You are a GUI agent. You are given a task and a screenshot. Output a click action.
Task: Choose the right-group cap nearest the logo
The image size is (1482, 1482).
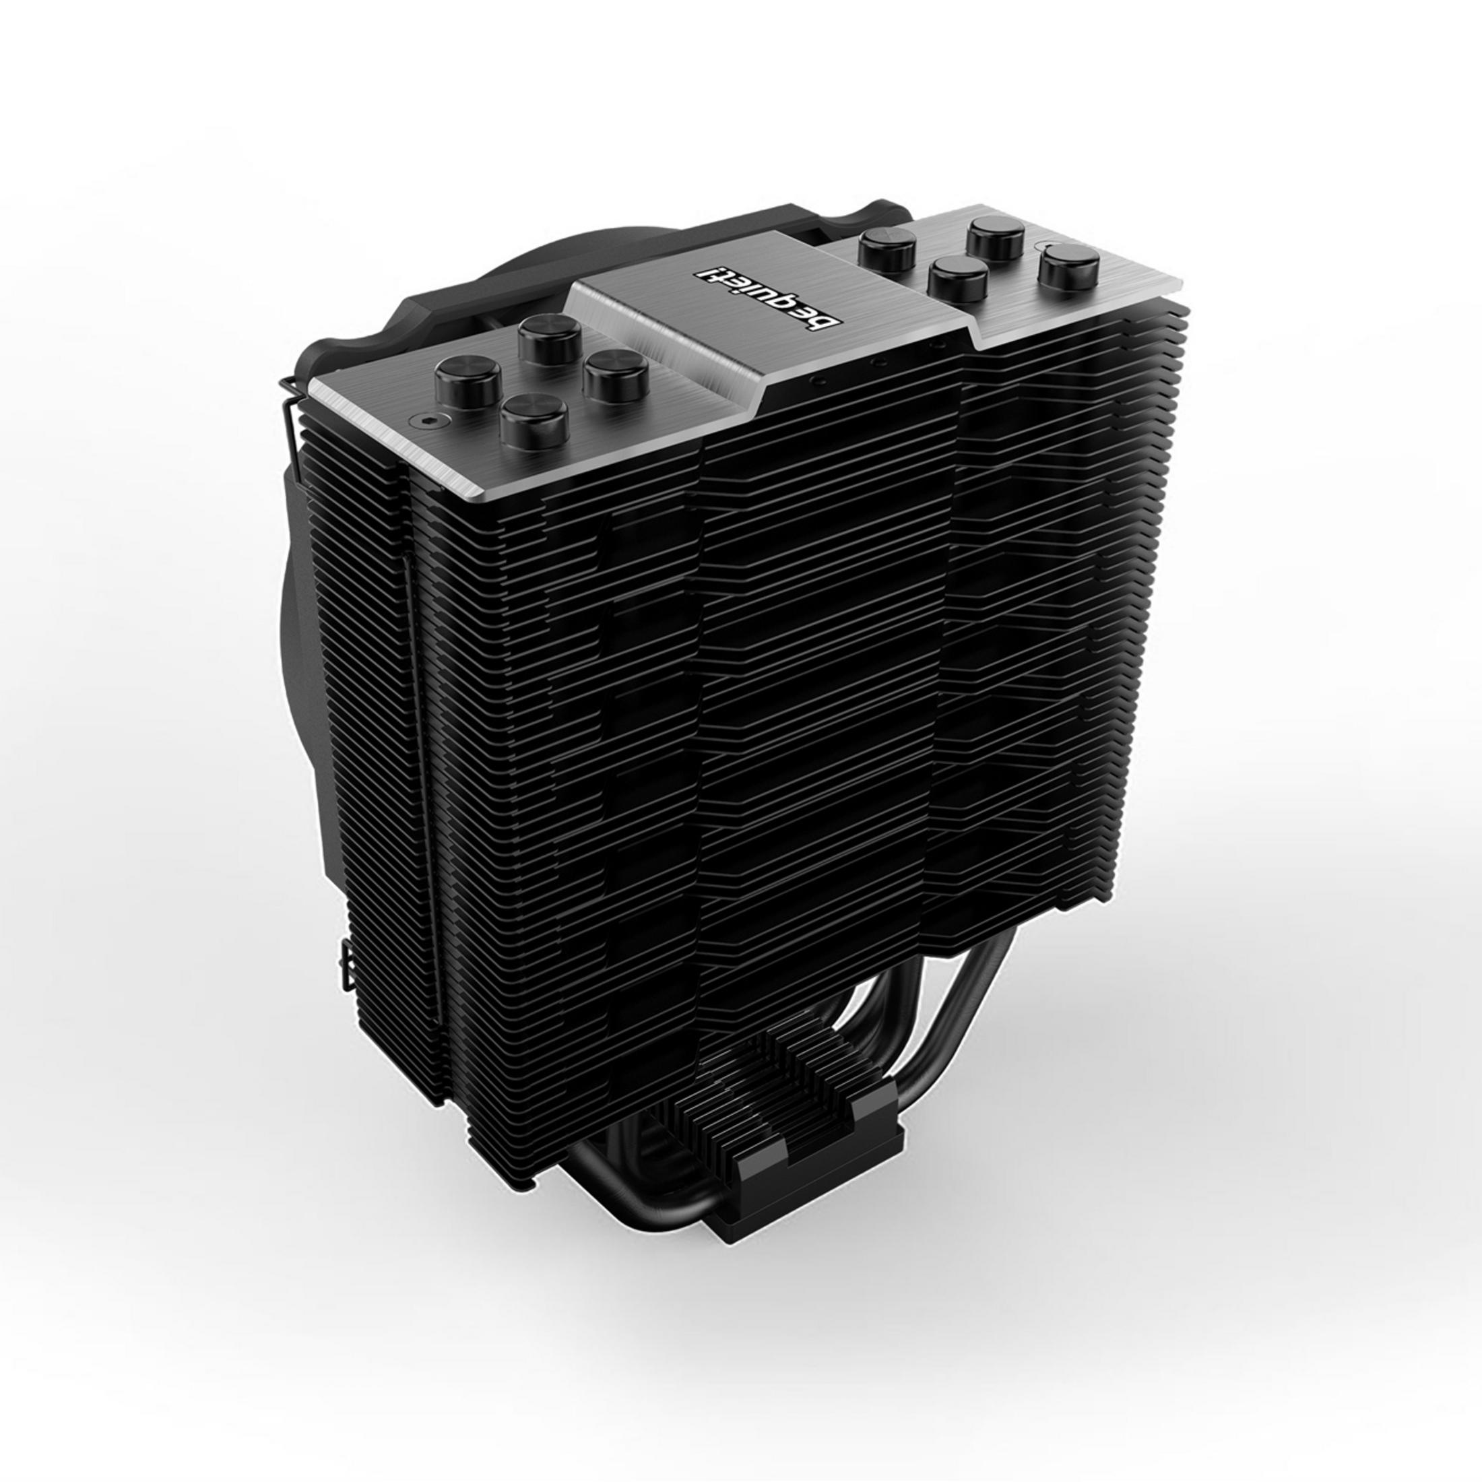tap(957, 278)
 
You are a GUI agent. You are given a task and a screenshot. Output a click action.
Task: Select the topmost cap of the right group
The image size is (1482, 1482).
tap(997, 238)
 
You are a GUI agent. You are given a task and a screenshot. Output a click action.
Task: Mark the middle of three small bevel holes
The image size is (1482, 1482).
tap(880, 359)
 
